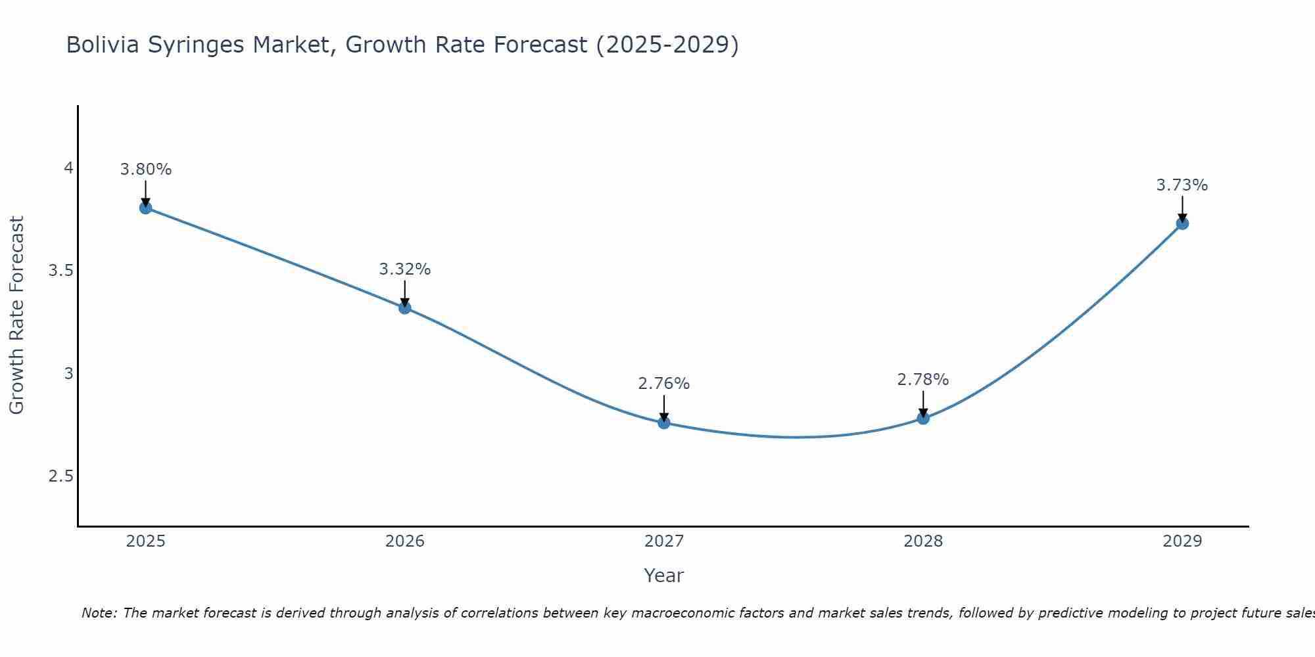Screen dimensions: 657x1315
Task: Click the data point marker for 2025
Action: [x=146, y=208]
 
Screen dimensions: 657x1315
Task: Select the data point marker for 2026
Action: [x=405, y=307]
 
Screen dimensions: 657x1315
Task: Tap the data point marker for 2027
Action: [x=664, y=422]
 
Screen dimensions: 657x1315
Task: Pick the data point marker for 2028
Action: [x=923, y=418]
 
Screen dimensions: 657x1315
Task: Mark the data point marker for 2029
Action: [x=1182, y=223]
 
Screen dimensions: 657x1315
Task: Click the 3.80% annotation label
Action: [x=146, y=170]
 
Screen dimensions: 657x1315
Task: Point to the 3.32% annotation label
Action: [x=405, y=269]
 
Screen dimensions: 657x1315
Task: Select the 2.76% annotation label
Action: [x=664, y=384]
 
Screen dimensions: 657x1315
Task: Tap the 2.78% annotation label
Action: [x=923, y=380]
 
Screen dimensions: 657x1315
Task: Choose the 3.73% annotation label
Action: [x=1182, y=185]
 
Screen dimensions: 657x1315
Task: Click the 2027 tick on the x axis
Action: [x=664, y=541]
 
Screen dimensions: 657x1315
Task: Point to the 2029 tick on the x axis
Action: [x=1182, y=541]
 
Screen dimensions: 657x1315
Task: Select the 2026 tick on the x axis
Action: [x=405, y=541]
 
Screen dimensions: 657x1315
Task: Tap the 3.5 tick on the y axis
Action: [x=60, y=271]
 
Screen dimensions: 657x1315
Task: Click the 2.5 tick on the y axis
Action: [x=60, y=476]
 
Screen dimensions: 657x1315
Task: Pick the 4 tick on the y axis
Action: [x=68, y=168]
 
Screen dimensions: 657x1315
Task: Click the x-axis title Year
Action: [x=664, y=576]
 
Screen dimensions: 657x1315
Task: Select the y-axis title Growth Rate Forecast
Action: [x=17, y=315]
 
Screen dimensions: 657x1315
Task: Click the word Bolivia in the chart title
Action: [x=103, y=45]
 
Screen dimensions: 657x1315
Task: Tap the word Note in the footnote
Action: [x=99, y=613]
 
